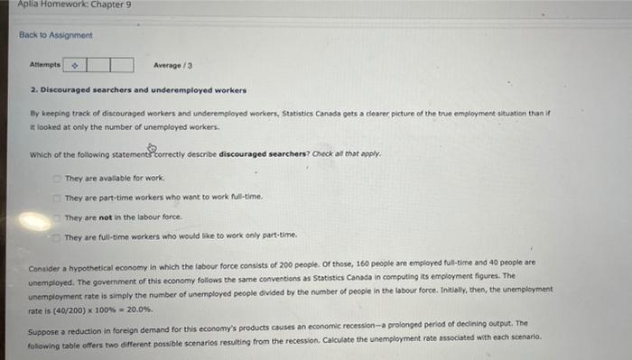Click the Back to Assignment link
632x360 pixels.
coord(56,35)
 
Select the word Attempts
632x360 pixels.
coord(44,65)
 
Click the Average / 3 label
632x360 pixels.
coord(173,65)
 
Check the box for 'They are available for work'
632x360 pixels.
coord(57,178)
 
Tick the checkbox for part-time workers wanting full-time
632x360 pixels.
coord(57,197)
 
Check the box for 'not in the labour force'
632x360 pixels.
coord(57,217)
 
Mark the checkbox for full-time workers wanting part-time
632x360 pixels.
coord(57,236)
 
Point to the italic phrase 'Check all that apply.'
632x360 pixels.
coord(347,153)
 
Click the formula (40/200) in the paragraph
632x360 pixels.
coord(61,309)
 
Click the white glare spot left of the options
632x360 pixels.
coord(34,220)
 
